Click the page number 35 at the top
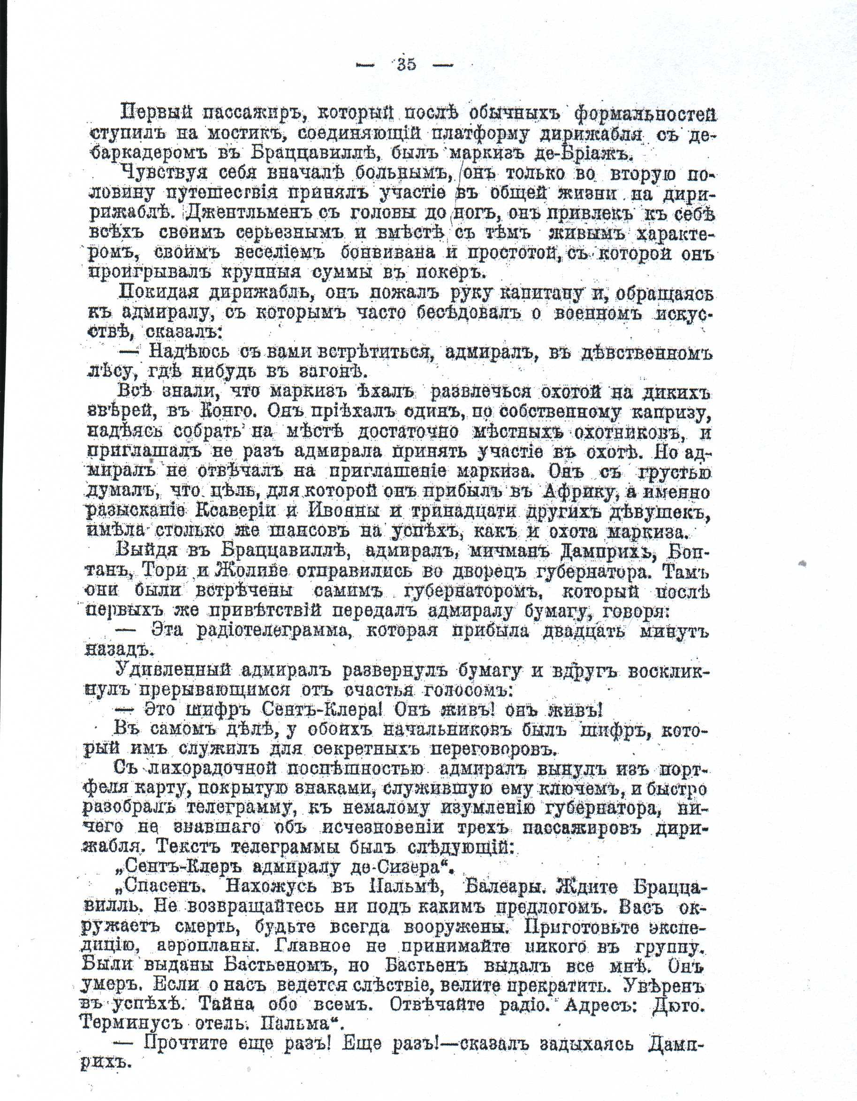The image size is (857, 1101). pyautogui.click(x=406, y=65)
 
